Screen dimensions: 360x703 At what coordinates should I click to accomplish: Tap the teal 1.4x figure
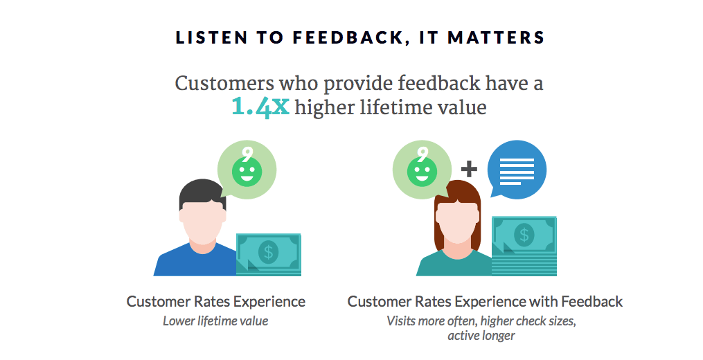click(260, 107)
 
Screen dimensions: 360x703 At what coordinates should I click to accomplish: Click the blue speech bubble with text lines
click(517, 170)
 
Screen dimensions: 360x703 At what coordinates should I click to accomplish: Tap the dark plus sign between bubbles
click(470, 168)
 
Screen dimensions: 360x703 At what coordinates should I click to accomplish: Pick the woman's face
click(455, 220)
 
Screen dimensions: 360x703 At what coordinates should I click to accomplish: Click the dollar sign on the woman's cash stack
click(525, 234)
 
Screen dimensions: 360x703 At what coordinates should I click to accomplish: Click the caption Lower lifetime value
click(215, 321)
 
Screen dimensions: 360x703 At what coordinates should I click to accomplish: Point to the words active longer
click(481, 336)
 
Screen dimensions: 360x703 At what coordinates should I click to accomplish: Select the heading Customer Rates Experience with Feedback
click(485, 302)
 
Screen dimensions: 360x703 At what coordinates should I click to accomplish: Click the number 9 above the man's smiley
click(247, 153)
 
